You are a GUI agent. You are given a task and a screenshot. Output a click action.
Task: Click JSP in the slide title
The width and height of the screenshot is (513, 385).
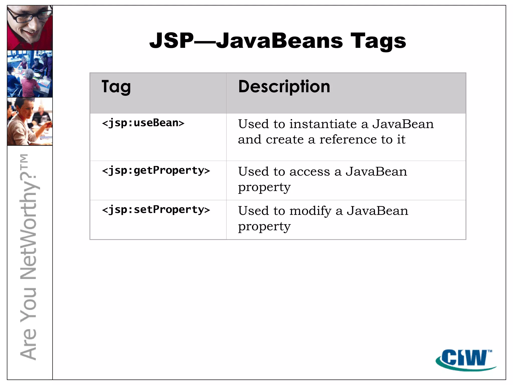[172, 41]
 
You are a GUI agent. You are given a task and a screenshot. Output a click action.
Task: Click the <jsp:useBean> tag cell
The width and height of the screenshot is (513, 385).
[143, 123]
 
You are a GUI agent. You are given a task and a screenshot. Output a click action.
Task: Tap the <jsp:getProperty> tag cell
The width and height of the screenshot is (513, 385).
[156, 171]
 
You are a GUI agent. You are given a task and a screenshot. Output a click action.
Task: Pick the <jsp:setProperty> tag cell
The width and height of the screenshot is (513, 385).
[156, 210]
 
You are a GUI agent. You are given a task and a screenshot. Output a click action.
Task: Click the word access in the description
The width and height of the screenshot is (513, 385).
[310, 172]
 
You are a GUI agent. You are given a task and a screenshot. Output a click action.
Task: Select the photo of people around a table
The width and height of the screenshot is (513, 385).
[30, 74]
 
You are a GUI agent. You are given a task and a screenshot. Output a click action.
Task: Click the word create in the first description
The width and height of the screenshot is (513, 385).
[285, 140]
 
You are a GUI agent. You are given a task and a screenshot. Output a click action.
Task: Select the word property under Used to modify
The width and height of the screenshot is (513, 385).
[264, 227]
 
